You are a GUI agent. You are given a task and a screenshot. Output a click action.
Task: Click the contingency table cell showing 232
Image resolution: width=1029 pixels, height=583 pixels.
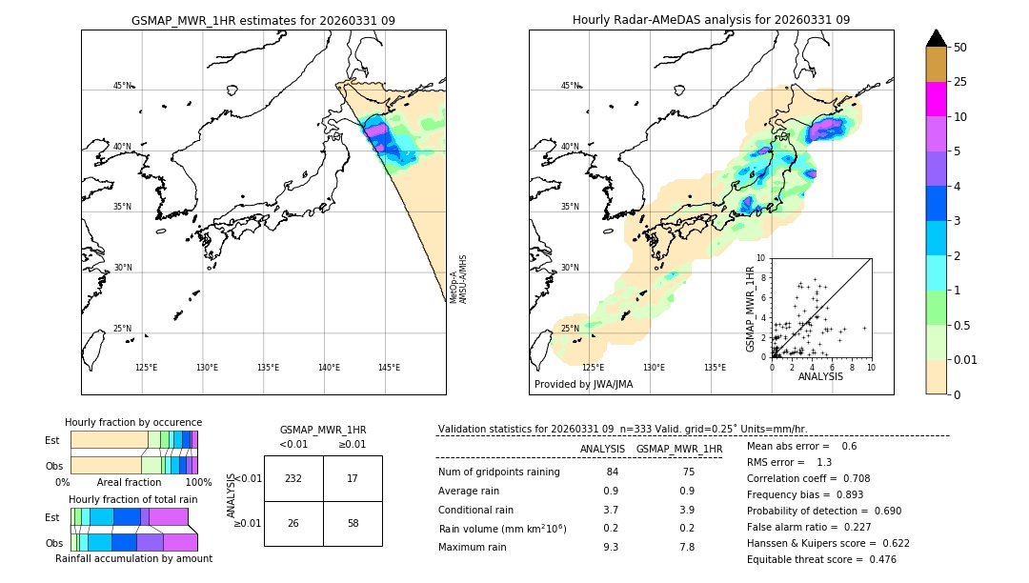click(x=293, y=478)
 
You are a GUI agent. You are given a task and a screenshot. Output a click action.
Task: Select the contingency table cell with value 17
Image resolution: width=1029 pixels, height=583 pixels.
click(x=353, y=478)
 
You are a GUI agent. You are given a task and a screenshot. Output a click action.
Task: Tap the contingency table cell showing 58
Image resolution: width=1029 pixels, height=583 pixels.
click(x=353, y=524)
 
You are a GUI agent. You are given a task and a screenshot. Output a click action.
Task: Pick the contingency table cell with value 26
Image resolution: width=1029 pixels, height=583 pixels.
click(x=293, y=524)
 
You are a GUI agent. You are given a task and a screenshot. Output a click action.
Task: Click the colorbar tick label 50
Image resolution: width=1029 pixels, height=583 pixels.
click(x=960, y=47)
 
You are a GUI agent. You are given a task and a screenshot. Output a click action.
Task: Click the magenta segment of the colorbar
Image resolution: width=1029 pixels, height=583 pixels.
click(x=936, y=99)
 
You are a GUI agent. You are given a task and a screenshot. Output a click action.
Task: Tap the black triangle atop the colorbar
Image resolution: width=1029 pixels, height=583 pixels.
click(x=936, y=38)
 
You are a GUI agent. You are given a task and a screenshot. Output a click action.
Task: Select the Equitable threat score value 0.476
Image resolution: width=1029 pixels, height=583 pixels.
click(x=877, y=559)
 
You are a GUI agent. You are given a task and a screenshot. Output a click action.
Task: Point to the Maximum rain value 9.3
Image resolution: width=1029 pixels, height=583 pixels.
click(x=611, y=547)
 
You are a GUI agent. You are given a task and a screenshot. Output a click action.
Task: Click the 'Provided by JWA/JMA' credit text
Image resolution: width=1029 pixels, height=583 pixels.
click(x=583, y=385)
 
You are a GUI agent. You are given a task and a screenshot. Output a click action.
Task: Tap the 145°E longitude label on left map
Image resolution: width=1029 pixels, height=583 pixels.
click(x=389, y=368)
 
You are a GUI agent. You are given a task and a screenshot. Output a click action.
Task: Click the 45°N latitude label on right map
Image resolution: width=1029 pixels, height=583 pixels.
click(x=570, y=86)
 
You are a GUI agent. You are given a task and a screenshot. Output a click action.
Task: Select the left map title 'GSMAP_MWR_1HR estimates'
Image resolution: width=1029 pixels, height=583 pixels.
click(x=263, y=20)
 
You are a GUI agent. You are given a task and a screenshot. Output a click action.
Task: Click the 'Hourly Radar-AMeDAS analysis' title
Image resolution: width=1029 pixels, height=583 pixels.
click(x=711, y=20)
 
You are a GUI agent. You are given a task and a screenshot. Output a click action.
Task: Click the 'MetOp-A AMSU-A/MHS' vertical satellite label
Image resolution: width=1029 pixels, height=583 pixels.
click(x=458, y=278)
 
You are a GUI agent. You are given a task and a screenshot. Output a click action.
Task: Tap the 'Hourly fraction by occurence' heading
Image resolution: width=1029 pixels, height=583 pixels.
click(x=133, y=422)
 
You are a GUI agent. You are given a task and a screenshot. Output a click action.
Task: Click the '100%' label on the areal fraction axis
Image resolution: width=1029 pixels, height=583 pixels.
click(x=198, y=482)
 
